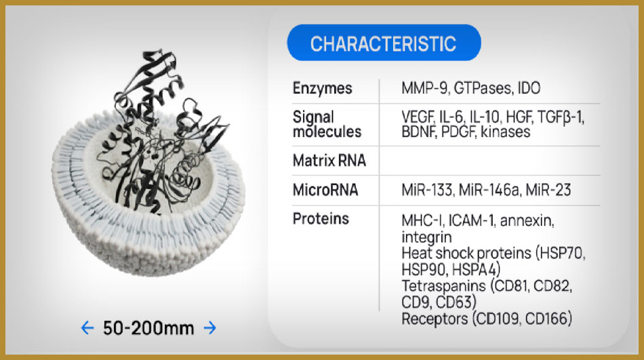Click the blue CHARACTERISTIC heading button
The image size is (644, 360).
pyautogui.click(x=384, y=43)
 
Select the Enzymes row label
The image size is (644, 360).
pyautogui.click(x=323, y=88)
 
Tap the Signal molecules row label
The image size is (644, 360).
pyautogui.click(x=327, y=124)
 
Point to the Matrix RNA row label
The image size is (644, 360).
pyautogui.click(x=329, y=160)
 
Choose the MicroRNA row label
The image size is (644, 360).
pyautogui.click(x=325, y=190)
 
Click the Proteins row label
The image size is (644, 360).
pyautogui.click(x=321, y=218)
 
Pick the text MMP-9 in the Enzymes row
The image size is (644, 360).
pyautogui.click(x=424, y=88)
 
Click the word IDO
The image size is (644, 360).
pyautogui.click(x=529, y=88)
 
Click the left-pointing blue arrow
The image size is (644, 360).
pyautogui.click(x=87, y=327)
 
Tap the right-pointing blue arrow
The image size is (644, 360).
pyautogui.click(x=210, y=327)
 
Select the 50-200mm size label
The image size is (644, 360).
pyautogui.click(x=148, y=328)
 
